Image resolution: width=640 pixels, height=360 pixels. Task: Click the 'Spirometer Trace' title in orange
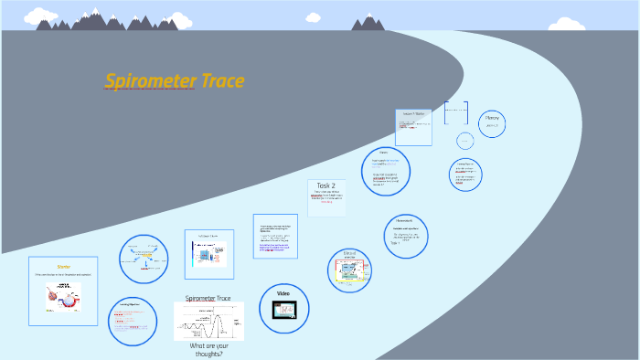click(x=175, y=81)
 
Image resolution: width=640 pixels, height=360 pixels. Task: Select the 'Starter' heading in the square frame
click(x=64, y=267)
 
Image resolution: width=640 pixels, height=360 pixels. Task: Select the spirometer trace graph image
click(x=208, y=322)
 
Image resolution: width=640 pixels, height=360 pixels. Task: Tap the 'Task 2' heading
click(x=326, y=185)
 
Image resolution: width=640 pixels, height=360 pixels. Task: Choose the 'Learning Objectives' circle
click(x=133, y=322)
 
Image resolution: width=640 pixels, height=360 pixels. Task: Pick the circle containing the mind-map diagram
click(x=144, y=259)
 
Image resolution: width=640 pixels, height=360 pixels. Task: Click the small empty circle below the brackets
click(x=464, y=140)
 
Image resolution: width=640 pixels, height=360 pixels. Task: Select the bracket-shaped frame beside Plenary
click(x=456, y=112)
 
